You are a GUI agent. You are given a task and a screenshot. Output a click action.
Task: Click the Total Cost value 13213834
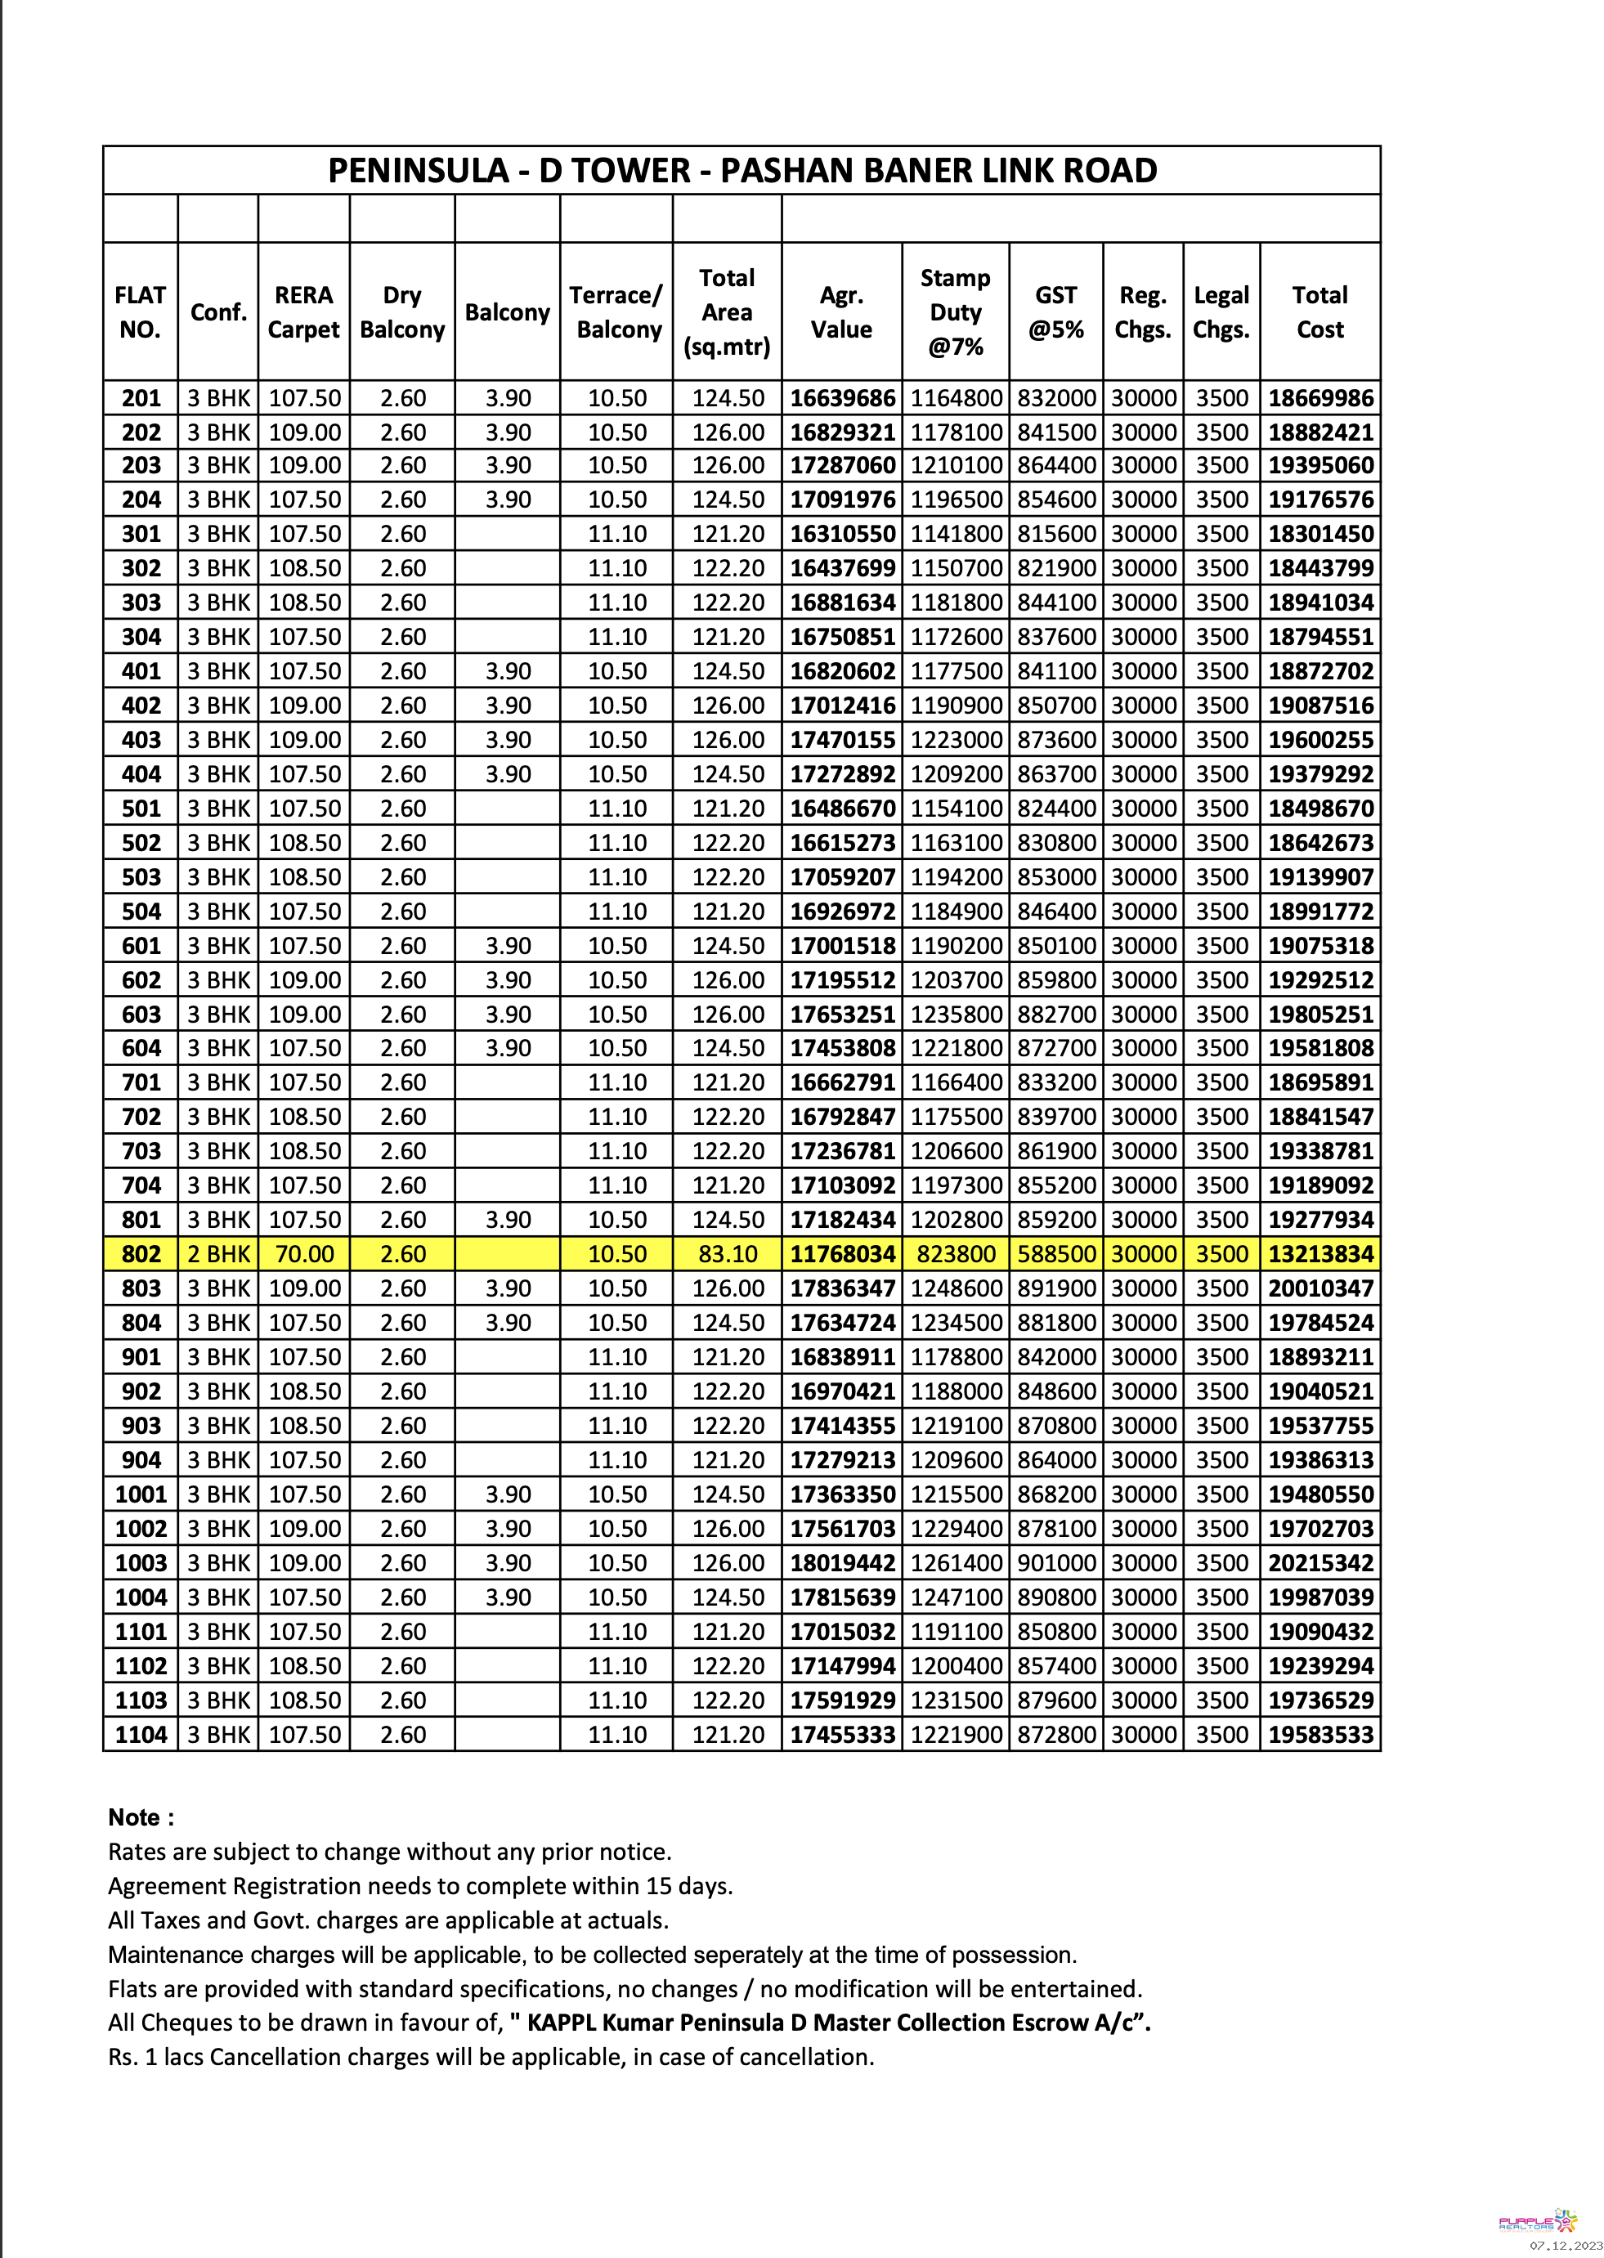[1320, 1253]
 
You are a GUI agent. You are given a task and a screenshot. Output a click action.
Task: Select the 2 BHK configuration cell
[218, 1253]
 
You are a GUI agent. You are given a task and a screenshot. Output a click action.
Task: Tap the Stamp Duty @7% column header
[955, 312]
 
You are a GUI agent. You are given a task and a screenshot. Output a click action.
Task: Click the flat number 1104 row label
[141, 1735]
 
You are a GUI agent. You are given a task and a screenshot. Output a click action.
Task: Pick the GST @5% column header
[1055, 312]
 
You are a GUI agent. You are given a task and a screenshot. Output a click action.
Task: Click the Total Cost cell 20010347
[1320, 1288]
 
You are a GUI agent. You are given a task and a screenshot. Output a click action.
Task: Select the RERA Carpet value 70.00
[304, 1253]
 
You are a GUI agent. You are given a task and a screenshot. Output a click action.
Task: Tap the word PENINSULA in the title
[419, 171]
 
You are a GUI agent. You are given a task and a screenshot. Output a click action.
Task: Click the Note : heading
[141, 1817]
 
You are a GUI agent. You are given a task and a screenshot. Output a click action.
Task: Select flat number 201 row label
[141, 398]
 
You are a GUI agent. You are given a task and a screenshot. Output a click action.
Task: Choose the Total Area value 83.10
[727, 1253]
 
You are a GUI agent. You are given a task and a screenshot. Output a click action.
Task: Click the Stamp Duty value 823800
[955, 1253]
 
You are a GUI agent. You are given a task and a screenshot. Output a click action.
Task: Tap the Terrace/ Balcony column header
[616, 312]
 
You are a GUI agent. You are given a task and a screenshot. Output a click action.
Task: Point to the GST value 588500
[1055, 1253]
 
